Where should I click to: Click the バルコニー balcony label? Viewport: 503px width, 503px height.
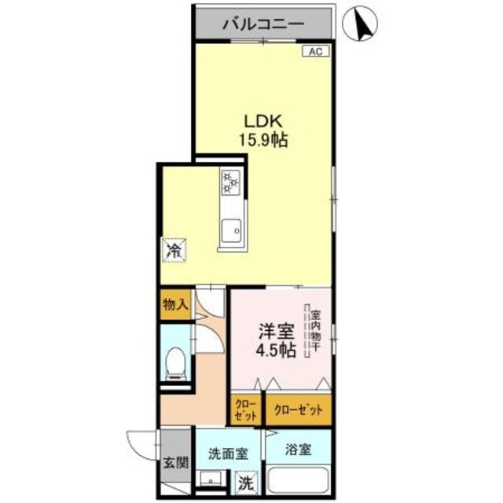tap(263, 24)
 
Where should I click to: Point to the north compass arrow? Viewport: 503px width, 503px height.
tap(364, 24)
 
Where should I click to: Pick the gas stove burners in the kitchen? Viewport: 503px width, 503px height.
tap(232, 182)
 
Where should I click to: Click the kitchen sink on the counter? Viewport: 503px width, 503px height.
tap(231, 231)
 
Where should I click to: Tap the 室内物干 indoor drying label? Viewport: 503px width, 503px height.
tap(314, 330)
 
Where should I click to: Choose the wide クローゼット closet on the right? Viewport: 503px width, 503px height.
tap(298, 409)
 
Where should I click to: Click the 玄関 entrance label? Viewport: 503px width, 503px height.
tap(174, 464)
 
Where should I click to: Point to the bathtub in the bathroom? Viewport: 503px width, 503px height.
tap(299, 482)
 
